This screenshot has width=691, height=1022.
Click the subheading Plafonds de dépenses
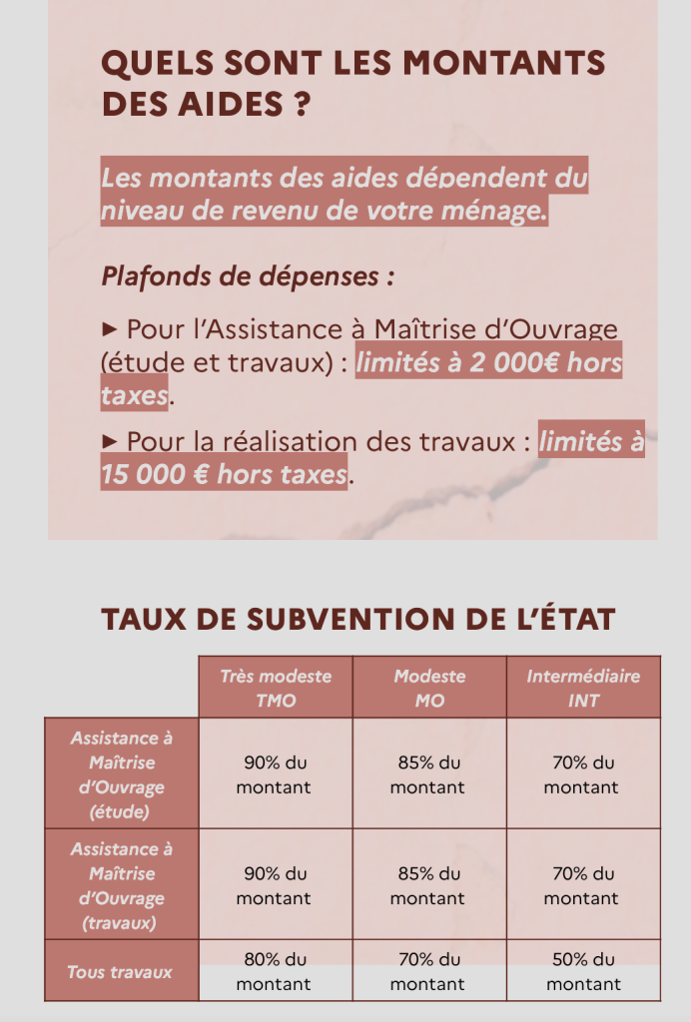(240, 275)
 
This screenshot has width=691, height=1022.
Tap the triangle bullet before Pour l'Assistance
(110, 329)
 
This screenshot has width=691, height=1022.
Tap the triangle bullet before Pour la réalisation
(110, 441)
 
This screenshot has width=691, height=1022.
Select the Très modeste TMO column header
(276, 688)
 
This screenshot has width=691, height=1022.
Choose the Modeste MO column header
(429, 688)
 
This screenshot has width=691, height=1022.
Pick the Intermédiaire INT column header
(583, 688)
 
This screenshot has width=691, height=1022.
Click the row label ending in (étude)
(121, 774)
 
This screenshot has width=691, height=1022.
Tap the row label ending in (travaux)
(121, 885)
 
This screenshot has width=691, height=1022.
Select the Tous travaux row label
(121, 971)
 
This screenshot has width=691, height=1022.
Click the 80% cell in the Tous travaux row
(276, 971)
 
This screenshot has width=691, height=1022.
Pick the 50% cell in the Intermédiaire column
(583, 971)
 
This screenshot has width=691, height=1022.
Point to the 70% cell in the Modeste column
(429, 971)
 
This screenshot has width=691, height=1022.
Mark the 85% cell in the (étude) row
(429, 774)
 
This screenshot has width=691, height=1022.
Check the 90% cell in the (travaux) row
(276, 885)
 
